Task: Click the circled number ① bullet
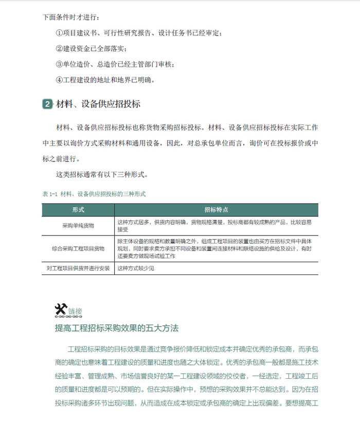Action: click(x=59, y=33)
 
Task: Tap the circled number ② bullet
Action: click(x=59, y=49)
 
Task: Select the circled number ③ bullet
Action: click(x=59, y=64)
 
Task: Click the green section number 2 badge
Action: click(x=47, y=104)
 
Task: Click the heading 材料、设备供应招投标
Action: click(x=98, y=104)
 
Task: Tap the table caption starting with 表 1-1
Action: click(x=94, y=194)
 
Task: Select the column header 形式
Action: click(x=78, y=210)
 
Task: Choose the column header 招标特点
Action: click(x=216, y=210)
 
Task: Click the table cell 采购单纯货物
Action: click(x=78, y=226)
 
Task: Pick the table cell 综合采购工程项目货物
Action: click(x=78, y=248)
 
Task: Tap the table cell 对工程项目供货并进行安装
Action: click(x=78, y=268)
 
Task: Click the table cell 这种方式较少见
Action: click(x=136, y=268)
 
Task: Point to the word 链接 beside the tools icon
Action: click(x=75, y=311)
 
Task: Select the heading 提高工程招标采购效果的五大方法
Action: click(x=116, y=327)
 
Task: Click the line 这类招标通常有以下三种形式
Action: click(x=102, y=174)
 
